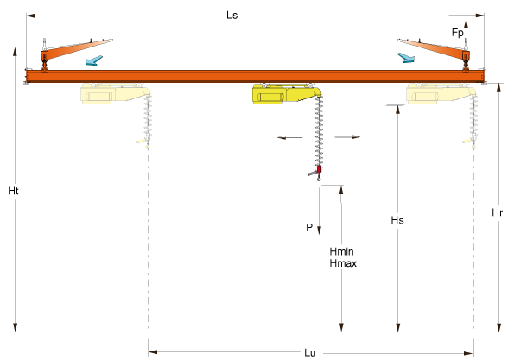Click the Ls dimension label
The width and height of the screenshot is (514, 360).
pyautogui.click(x=232, y=16)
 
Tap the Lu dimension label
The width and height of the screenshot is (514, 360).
pyautogui.click(x=310, y=352)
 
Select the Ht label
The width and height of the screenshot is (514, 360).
pyautogui.click(x=14, y=191)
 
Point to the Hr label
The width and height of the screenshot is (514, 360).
pyautogui.click(x=497, y=212)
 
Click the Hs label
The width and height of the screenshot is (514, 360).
pyautogui.click(x=397, y=220)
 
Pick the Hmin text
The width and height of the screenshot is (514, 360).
pyautogui.click(x=341, y=251)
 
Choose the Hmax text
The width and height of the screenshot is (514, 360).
pyautogui.click(x=343, y=263)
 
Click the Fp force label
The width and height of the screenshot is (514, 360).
pyautogui.click(x=458, y=33)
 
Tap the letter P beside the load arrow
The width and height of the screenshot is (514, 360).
pyautogui.click(x=309, y=227)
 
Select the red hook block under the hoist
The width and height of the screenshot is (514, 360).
pyautogui.click(x=319, y=170)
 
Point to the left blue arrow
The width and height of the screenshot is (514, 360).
pyautogui.click(x=94, y=60)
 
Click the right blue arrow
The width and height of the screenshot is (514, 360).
pyautogui.click(x=406, y=58)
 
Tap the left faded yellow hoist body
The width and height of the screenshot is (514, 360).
pyautogui.click(x=115, y=94)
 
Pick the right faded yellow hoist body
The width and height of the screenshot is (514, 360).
pyautogui.click(x=441, y=94)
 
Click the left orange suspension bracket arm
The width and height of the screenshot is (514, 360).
pyautogui.click(x=77, y=49)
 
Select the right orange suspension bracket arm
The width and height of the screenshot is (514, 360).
pyautogui.click(x=434, y=49)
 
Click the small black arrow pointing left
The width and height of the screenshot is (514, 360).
pyautogui.click(x=290, y=137)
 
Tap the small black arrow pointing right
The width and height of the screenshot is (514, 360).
pyautogui.click(x=347, y=137)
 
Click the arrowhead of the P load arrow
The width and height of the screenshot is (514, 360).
pyautogui.click(x=319, y=231)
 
